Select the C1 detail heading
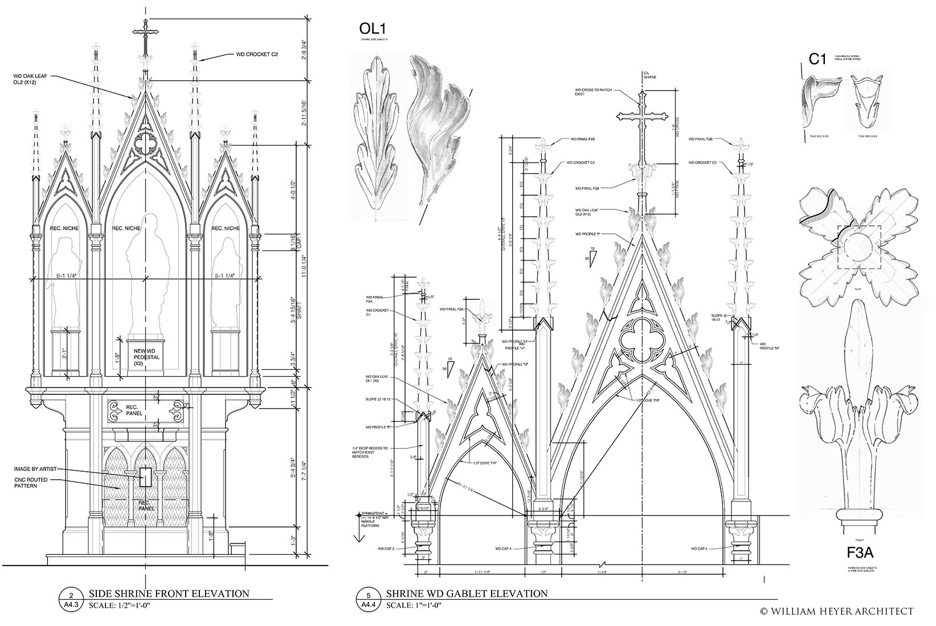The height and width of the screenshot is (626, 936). (x=817, y=59)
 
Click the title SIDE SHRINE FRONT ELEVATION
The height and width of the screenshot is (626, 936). (x=169, y=594)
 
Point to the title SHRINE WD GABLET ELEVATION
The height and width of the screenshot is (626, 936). (x=467, y=594)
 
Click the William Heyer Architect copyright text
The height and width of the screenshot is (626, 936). (x=837, y=611)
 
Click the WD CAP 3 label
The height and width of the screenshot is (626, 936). (x=386, y=549)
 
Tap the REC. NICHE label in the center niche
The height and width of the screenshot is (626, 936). (x=125, y=229)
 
